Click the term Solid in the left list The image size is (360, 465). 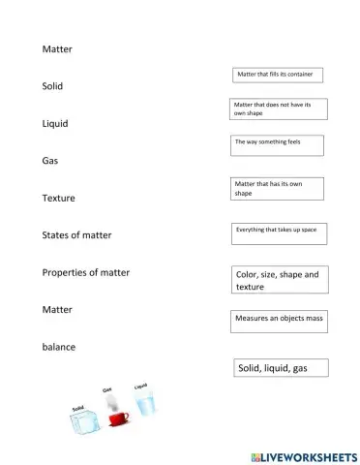tap(52, 86)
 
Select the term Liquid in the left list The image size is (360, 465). tap(55, 124)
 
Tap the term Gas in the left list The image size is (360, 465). tap(50, 161)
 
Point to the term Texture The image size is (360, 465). tap(59, 198)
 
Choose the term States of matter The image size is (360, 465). tap(77, 235)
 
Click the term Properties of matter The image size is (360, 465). tap(86, 272)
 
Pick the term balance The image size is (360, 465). tap(60, 346)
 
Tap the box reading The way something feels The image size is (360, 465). tap(277, 145)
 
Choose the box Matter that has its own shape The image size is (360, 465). tap(277, 188)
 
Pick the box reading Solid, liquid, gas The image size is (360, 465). tap(280, 368)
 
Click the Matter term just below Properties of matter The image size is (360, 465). tap(57, 309)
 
